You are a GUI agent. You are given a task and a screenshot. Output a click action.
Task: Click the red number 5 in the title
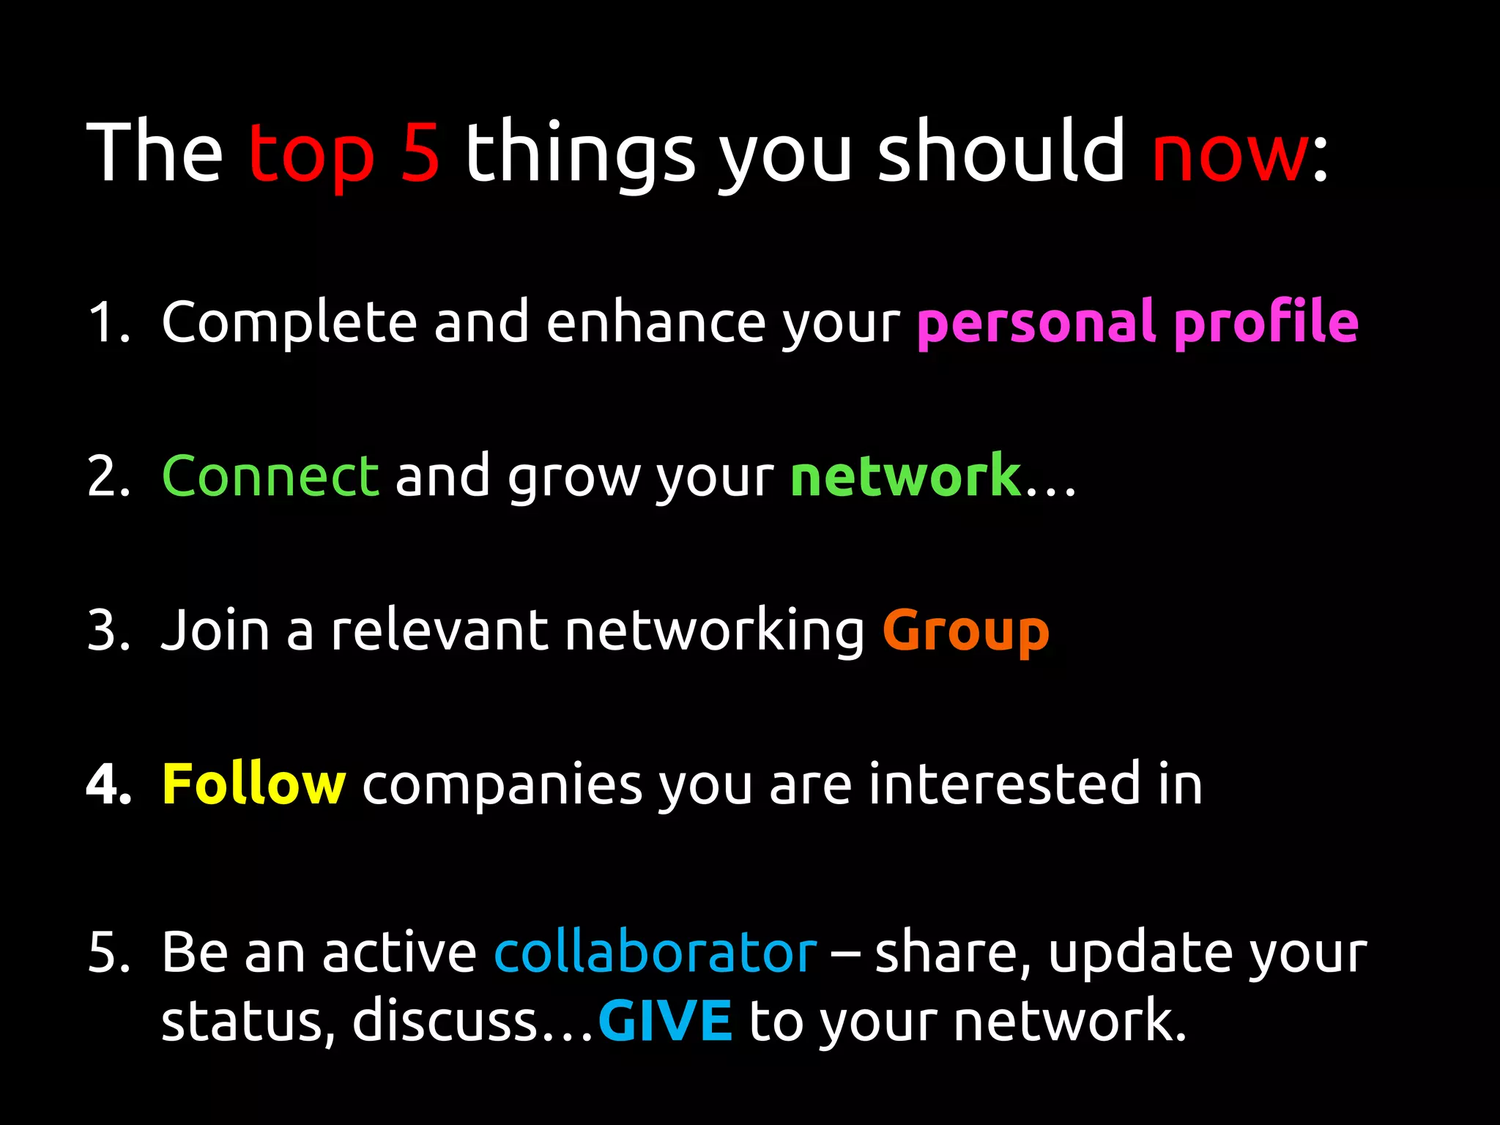420,152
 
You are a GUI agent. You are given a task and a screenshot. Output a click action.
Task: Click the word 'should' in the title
1000,152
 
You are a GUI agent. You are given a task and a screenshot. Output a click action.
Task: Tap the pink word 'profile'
1266,323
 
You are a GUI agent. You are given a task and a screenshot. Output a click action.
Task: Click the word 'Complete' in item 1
289,323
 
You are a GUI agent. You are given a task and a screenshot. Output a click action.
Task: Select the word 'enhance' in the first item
656,322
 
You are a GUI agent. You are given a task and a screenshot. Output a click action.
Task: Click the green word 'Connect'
270,476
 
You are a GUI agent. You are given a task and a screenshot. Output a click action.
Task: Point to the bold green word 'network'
906,476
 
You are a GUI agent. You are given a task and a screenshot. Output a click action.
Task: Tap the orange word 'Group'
966,631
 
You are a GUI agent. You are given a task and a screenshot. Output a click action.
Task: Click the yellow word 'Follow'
253,784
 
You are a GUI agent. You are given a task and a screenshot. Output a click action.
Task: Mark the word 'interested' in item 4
1004,784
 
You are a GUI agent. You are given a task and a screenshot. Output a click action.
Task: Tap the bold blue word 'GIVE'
665,1020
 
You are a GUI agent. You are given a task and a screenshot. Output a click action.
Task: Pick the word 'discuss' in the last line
445,1020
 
